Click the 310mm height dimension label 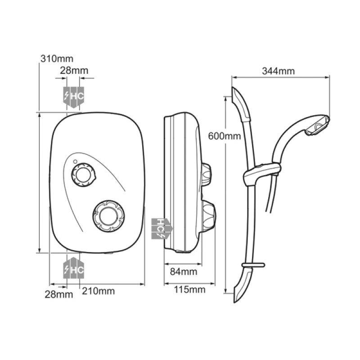coord(57,59)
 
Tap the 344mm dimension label coord(278,71)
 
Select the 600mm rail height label coord(224,136)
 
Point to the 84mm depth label coord(184,272)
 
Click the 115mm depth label coord(189,289)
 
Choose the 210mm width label coord(98,291)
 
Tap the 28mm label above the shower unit coord(74,70)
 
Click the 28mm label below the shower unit coord(59,294)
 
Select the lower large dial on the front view coord(108,216)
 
